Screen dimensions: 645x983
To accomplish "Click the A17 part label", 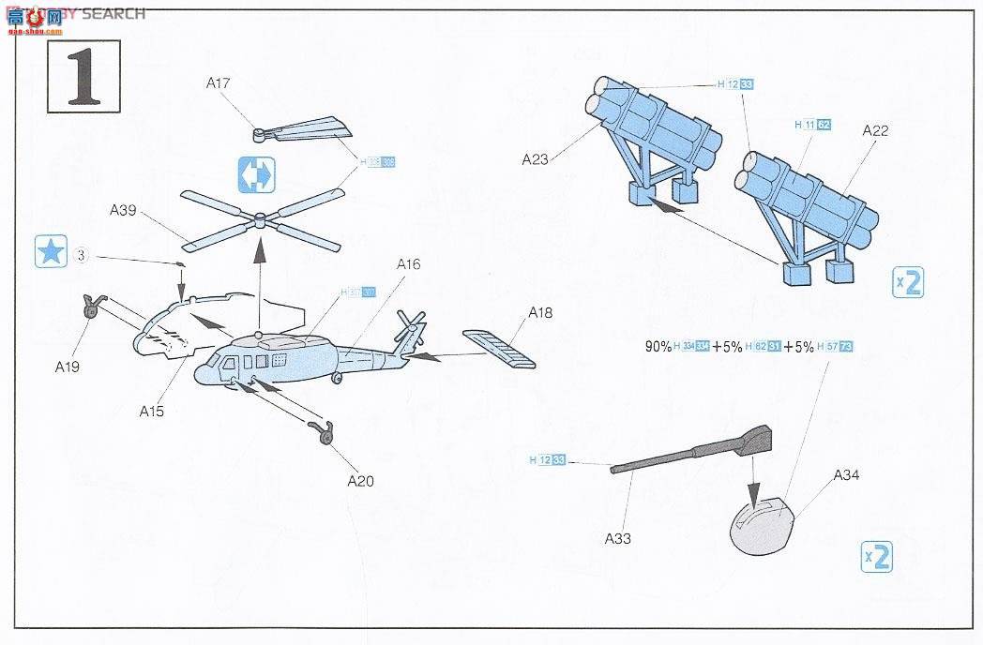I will coord(219,83).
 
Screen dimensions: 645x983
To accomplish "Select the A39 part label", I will coord(123,210).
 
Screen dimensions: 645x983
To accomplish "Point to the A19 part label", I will coord(67,367).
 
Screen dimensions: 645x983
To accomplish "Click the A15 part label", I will coord(152,411).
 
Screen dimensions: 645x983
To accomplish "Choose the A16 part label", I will coord(408,264).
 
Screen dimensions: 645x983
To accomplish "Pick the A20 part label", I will coord(360,481).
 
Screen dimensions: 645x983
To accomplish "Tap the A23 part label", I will coord(535,159).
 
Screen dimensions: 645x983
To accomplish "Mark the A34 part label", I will coord(846,475).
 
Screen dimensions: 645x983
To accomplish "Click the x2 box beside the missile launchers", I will coord(907,281).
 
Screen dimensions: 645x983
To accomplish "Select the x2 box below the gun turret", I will coord(876,558).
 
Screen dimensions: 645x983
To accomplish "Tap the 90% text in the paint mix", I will coord(658,346).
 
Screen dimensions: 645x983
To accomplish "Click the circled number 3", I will coord(82,255).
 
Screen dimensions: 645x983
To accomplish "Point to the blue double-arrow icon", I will coord(255,173).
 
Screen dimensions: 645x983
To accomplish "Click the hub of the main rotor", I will coord(259,220).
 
